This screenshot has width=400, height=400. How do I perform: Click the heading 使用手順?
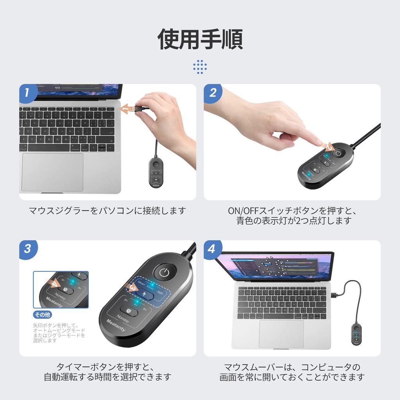click(x=200, y=39)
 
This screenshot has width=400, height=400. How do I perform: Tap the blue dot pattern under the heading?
click(x=200, y=67)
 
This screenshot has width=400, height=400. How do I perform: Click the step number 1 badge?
click(x=27, y=93)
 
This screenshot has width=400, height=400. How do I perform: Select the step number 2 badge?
click(x=212, y=93)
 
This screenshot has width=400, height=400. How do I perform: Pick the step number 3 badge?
click(x=27, y=249)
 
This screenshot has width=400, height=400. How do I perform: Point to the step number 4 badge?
click(x=212, y=249)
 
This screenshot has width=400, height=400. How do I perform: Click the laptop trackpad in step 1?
click(x=52, y=172)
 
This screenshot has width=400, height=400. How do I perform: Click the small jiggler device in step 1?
click(x=156, y=173)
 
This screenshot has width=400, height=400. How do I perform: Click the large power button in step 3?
click(x=165, y=273)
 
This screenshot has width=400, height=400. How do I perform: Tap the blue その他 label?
click(x=43, y=315)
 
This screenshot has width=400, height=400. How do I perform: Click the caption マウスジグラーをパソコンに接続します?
click(x=107, y=211)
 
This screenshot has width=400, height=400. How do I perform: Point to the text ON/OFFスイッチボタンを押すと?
click(x=292, y=211)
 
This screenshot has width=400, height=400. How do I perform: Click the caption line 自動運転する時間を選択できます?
click(x=107, y=377)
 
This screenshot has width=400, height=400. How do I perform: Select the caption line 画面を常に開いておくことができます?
click(x=292, y=377)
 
